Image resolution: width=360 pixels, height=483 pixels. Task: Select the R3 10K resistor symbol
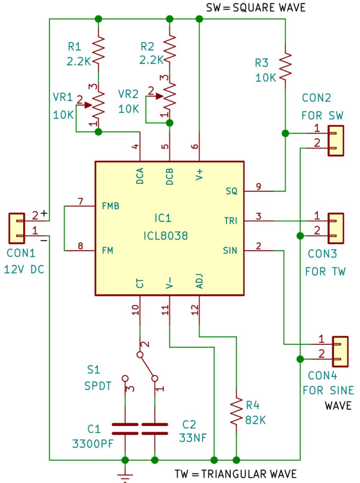pos(285,66)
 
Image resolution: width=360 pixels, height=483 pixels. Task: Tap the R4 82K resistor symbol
pos(236,411)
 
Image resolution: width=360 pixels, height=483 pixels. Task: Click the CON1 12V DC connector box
pos(17,228)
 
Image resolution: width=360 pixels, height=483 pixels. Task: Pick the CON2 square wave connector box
pos(336,140)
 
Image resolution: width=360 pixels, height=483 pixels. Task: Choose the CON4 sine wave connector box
pos(340,352)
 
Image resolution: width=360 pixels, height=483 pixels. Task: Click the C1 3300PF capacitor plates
pos(125,429)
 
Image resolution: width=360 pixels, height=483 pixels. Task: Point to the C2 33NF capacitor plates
pos(154,429)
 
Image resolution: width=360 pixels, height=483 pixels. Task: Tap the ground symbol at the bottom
pos(125,476)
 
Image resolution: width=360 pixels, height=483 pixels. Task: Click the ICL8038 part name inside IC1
pos(166,236)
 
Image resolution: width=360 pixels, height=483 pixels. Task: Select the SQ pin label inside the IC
pos(231,191)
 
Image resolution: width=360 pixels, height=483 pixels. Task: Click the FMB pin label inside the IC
pos(111,206)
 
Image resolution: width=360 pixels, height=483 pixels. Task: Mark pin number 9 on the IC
pos(258,186)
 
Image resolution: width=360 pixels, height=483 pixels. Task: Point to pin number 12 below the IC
pos(194,310)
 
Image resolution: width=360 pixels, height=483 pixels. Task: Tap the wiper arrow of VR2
pos(159,96)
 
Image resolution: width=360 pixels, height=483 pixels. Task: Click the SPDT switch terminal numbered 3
pos(125,379)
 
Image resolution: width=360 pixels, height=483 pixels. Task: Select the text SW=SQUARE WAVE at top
pos(256,8)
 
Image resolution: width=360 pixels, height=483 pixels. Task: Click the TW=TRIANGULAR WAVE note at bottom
pos(236,474)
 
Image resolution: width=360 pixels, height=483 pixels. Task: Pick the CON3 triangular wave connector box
pos(336,228)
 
